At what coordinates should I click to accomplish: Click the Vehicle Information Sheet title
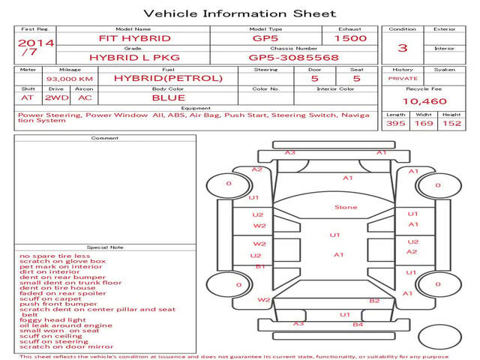point(239,13)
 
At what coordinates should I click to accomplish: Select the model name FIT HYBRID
point(135,38)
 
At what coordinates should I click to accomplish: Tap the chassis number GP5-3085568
point(293,57)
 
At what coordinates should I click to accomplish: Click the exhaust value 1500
point(350,38)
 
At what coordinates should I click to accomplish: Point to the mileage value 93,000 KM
point(70,79)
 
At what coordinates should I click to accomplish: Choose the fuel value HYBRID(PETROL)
point(168,78)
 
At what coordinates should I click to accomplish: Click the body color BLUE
point(168,97)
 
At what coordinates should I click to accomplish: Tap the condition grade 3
point(403,48)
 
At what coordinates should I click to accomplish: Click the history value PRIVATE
point(403,78)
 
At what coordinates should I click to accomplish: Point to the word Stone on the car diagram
point(346,207)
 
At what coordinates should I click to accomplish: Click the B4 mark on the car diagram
point(358,324)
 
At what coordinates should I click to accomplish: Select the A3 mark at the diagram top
point(289,152)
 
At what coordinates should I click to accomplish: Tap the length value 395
point(395,124)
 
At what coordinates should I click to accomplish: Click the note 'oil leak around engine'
point(66,325)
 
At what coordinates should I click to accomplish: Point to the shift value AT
point(28,97)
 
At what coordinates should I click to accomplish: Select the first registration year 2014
point(36,43)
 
